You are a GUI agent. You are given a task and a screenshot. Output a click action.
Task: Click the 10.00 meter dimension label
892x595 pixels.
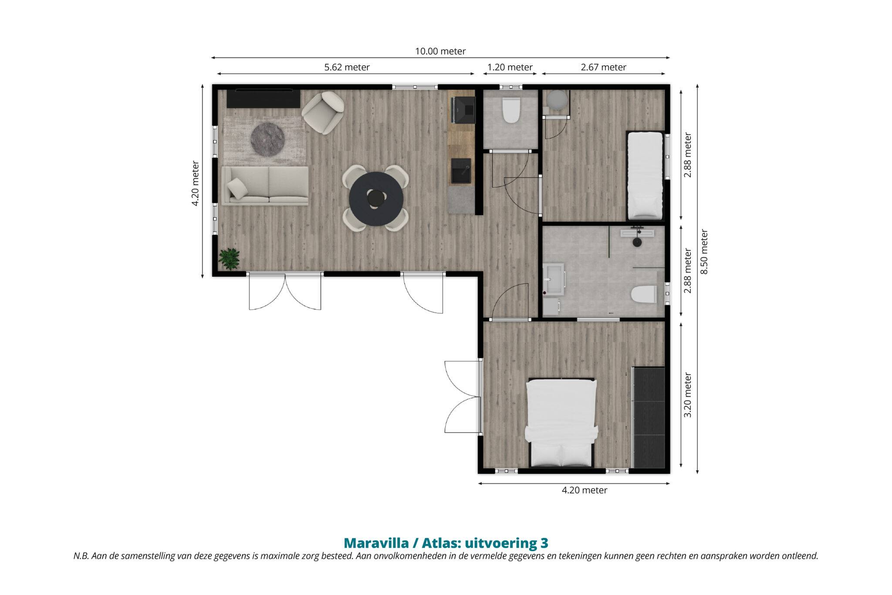coord(440,51)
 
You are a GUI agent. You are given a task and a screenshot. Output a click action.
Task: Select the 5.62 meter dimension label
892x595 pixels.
coord(347,68)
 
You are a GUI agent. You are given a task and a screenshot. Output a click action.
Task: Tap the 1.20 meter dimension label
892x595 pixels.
coord(510,68)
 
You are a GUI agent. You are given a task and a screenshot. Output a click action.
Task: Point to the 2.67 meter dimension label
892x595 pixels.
coord(604,68)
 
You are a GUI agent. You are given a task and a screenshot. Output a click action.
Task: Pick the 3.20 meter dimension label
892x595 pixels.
coord(688,395)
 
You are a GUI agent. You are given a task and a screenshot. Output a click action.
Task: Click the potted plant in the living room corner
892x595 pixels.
coord(229,259)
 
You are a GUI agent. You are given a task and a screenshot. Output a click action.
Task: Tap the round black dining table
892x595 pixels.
coord(376,199)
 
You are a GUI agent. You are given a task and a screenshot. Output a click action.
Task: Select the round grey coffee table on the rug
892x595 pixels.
coord(267,139)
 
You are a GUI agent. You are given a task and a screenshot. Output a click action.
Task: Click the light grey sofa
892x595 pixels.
coord(265,186)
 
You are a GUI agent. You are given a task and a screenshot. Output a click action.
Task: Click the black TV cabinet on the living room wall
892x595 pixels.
coord(264,99)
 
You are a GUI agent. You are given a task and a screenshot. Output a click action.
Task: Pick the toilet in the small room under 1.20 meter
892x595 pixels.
coord(511,111)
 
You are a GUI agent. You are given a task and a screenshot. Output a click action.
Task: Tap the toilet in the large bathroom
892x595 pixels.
coord(644,294)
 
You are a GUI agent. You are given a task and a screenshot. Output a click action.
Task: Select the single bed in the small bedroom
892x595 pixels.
coord(645,175)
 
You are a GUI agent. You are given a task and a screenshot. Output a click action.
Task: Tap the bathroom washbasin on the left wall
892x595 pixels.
coord(554,279)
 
